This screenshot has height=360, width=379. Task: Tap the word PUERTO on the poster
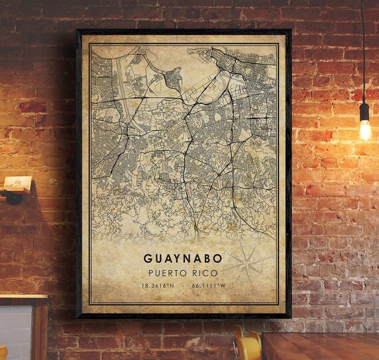pyautogui.click(x=166, y=271)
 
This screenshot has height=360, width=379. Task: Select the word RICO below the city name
pyautogui.click(x=203, y=271)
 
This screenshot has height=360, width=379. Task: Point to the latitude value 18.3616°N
pyautogui.click(x=157, y=285)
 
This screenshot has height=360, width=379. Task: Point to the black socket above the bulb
pyautogui.click(x=364, y=111)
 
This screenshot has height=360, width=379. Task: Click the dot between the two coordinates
pyautogui.click(x=183, y=285)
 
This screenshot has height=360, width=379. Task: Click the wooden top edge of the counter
pyautogui.click(x=23, y=299)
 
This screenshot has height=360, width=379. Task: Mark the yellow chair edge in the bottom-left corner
pyautogui.click(x=3, y=352)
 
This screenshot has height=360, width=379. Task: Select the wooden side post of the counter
pyautogui.click(x=41, y=333)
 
